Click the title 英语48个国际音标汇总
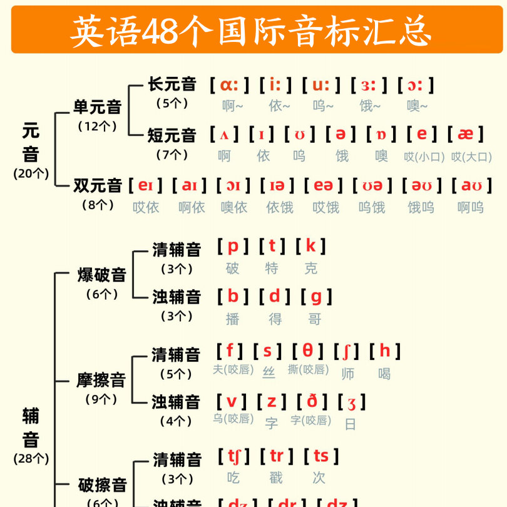tap(253, 31)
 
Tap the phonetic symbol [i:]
tap(275, 84)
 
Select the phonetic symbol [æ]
tap(466, 134)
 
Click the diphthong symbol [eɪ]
tap(146, 185)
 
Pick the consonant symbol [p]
tap(233, 246)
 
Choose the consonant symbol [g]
tap(316, 296)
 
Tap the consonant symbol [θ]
tap(309, 351)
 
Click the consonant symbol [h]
tap(385, 351)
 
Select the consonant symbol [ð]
tap(312, 401)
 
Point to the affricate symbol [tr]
tap(276, 456)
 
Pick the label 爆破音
tap(102, 274)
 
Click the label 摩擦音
tap(101, 379)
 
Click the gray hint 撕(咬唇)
tap(308, 369)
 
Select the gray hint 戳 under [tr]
tap(276, 478)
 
